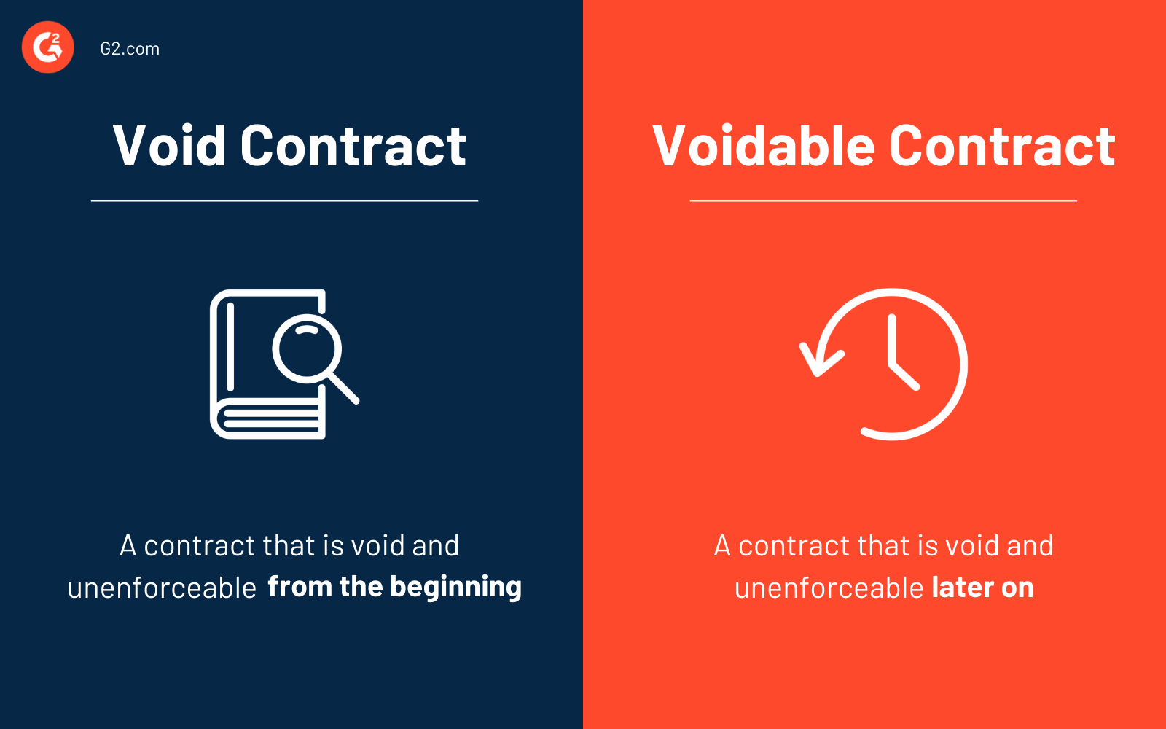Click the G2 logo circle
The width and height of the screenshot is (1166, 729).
tap(48, 47)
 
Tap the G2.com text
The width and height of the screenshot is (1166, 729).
tap(130, 49)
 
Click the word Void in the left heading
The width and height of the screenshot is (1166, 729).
tap(170, 146)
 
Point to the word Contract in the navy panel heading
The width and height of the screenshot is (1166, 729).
tap(353, 146)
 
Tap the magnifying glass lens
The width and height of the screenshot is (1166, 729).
tap(307, 348)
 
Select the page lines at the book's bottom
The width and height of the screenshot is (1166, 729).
tap(271, 420)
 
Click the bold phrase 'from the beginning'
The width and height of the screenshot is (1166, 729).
tap(394, 587)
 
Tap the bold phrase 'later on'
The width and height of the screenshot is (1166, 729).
tap(982, 588)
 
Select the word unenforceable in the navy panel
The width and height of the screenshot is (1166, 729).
tap(162, 588)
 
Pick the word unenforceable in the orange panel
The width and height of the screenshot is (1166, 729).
tap(829, 588)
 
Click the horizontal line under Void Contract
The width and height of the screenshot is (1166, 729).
tap(284, 200)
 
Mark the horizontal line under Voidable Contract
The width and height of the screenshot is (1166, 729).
tap(883, 200)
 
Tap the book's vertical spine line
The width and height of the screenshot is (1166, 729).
tap(230, 346)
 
